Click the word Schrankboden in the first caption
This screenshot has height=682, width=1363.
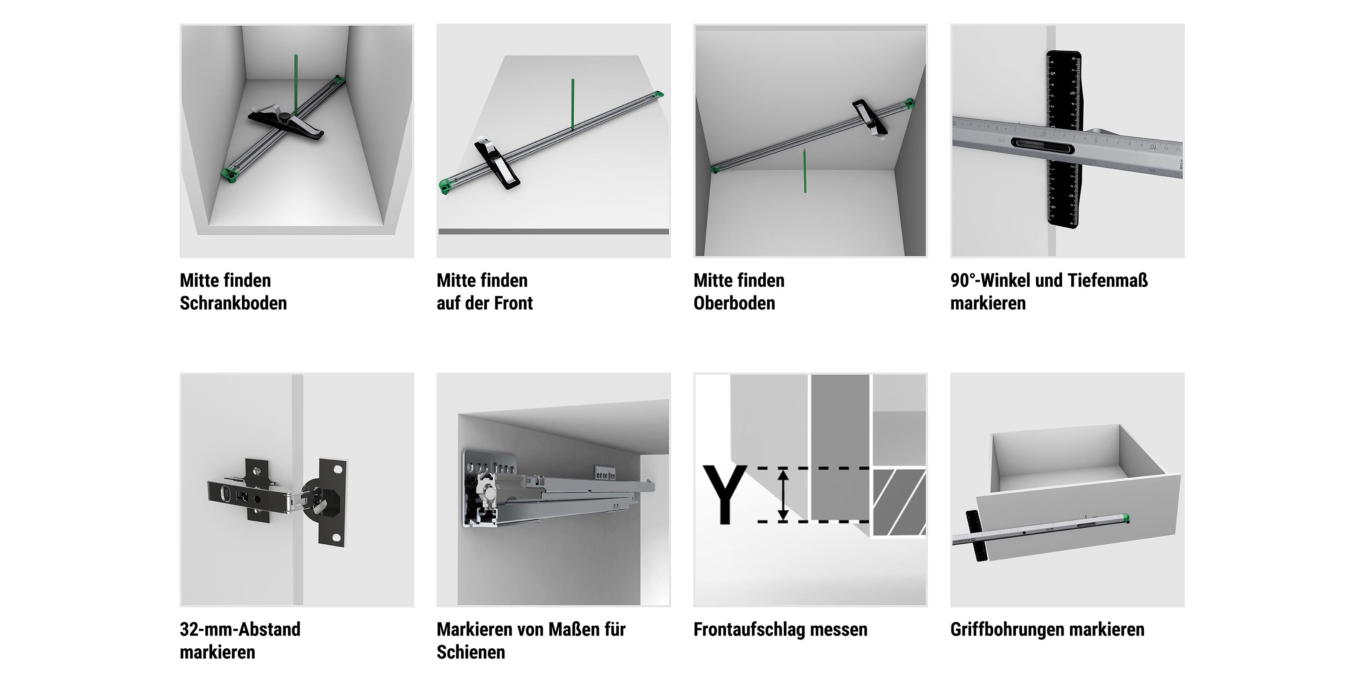click(x=233, y=303)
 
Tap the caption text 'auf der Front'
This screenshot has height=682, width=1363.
click(x=485, y=303)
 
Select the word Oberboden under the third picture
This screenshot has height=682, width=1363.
click(x=734, y=303)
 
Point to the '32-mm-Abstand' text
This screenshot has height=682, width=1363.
click(x=240, y=629)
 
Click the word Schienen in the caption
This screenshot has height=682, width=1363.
click(x=471, y=652)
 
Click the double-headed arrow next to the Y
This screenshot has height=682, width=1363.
click(x=784, y=494)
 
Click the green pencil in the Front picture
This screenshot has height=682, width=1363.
click(x=572, y=104)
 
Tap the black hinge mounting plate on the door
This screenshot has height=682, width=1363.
click(x=333, y=501)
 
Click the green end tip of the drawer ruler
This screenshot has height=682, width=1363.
click(x=1125, y=518)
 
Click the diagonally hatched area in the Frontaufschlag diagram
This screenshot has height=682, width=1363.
click(x=898, y=501)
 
